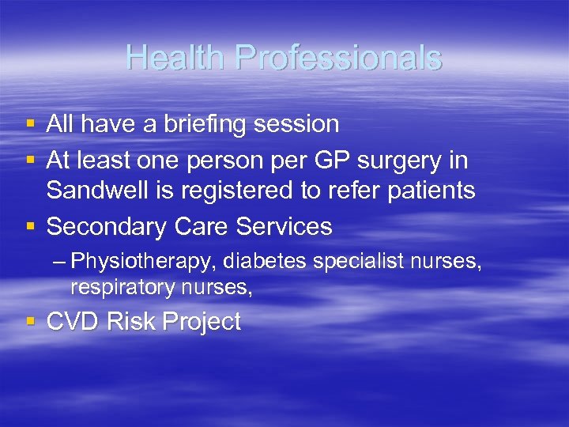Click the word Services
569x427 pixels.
pos(287,227)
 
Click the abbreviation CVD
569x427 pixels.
pos(73,322)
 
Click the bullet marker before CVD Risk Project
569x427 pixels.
pos(31,322)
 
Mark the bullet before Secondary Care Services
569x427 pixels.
pos(31,227)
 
